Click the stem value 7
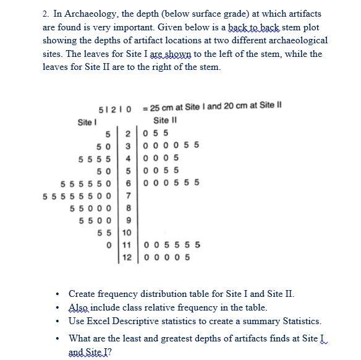(127, 195)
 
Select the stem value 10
(127, 233)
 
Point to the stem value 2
(127, 132)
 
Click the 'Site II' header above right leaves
(165, 120)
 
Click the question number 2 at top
(45, 14)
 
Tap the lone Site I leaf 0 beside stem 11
(109, 245)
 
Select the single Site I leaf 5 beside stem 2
(109, 132)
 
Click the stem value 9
(127, 220)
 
